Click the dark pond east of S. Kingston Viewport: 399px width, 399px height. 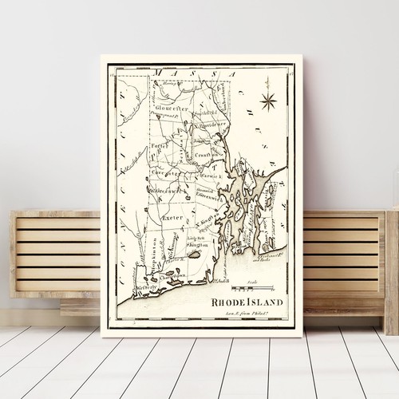(x=196, y=254)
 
